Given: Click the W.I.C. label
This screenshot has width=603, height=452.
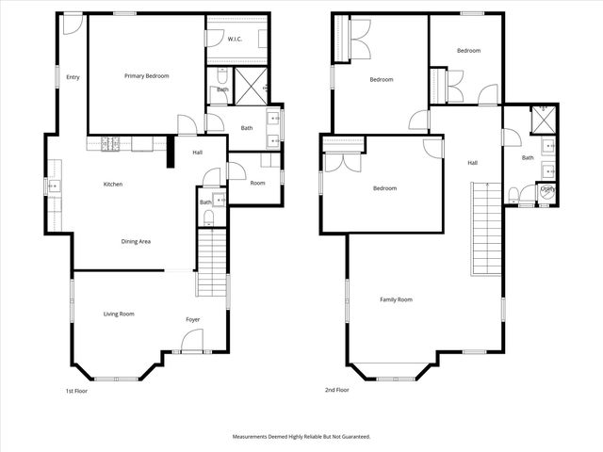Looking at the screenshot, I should tap(236, 39).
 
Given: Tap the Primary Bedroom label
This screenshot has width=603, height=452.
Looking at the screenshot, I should tap(146, 75).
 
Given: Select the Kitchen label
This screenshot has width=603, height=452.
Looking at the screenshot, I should tap(113, 184).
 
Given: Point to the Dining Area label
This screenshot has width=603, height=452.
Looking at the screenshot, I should tap(136, 241).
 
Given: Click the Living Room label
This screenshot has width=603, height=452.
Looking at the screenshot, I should tap(119, 314).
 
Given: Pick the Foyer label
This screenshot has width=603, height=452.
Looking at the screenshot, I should tap(192, 319).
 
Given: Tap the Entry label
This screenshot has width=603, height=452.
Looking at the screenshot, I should tap(73, 77).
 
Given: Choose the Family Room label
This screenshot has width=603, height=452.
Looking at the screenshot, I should tap(396, 299).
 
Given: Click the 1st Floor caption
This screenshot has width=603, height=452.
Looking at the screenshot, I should tap(75, 390).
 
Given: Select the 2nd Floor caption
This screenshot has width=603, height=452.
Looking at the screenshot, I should tap(336, 390).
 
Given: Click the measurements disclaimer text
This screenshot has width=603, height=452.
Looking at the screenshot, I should tap(301, 437).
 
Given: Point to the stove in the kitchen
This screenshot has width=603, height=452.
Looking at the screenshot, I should tap(111, 144).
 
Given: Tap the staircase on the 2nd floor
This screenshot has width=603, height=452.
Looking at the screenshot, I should tap(484, 226).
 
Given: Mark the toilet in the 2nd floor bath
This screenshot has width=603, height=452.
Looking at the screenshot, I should tap(514, 196).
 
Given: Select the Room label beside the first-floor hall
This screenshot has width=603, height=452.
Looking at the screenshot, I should tap(257, 183).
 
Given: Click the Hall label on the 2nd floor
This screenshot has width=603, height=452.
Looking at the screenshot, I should tap(473, 162).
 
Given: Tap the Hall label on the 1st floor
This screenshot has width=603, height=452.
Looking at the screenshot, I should tap(198, 153).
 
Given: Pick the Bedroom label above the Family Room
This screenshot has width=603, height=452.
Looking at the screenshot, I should tap(384, 188).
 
